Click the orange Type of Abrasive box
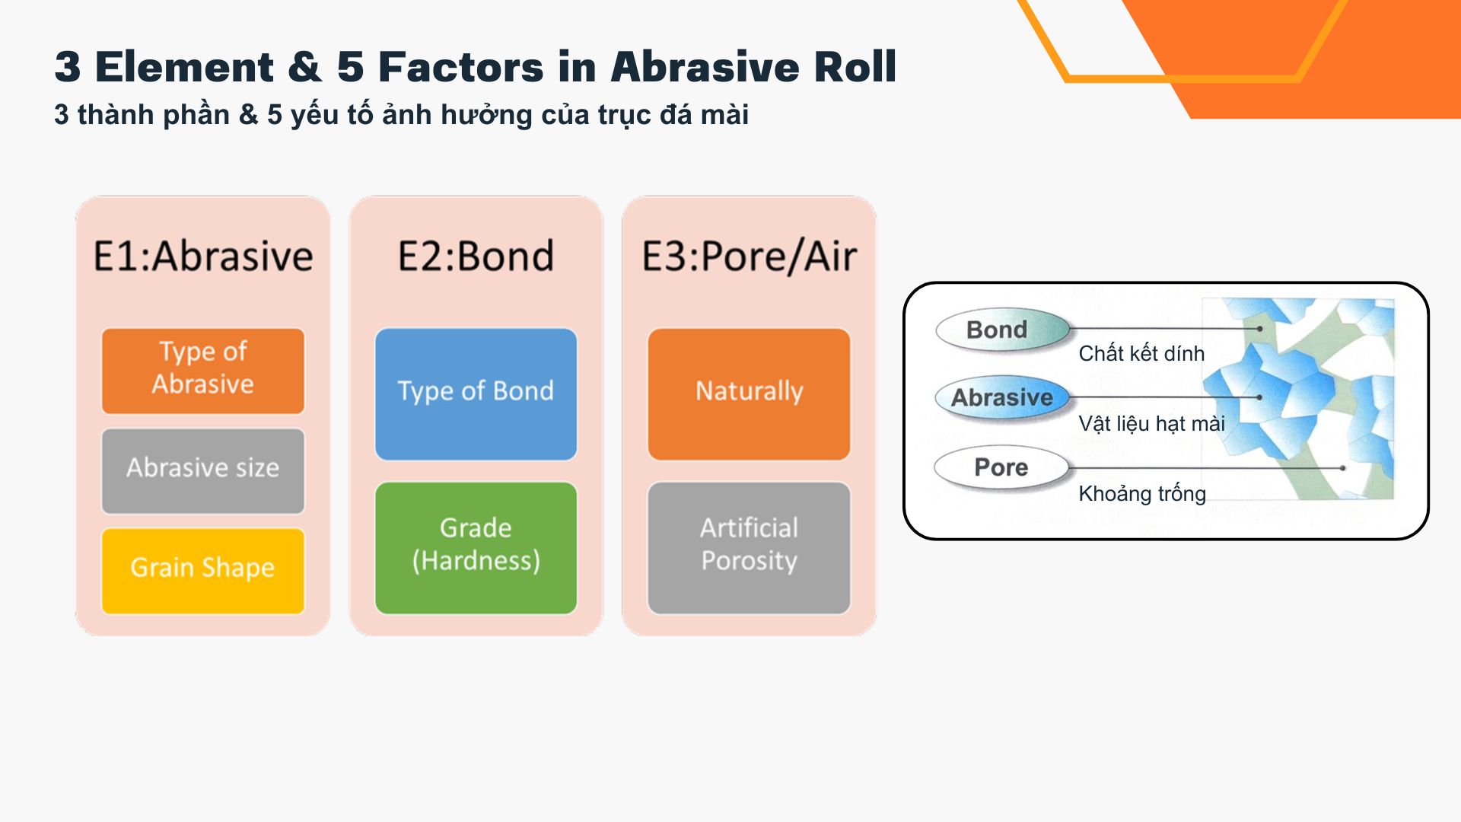pyautogui.click(x=203, y=371)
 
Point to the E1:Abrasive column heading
pyautogui.click(x=203, y=256)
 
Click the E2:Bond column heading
pyautogui.click(x=476, y=256)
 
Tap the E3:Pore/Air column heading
pyautogui.click(x=749, y=256)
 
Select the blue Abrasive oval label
pyautogui.click(x=1001, y=397)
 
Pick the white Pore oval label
pyautogui.click(x=1001, y=467)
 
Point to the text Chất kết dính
pyautogui.click(x=1141, y=354)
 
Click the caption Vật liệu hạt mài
pyautogui.click(x=1151, y=424)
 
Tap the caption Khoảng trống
pyautogui.click(x=1142, y=494)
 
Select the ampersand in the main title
pyautogui.click(x=305, y=67)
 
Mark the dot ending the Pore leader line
pyautogui.click(x=1343, y=468)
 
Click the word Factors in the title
pyautogui.click(x=461, y=67)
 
